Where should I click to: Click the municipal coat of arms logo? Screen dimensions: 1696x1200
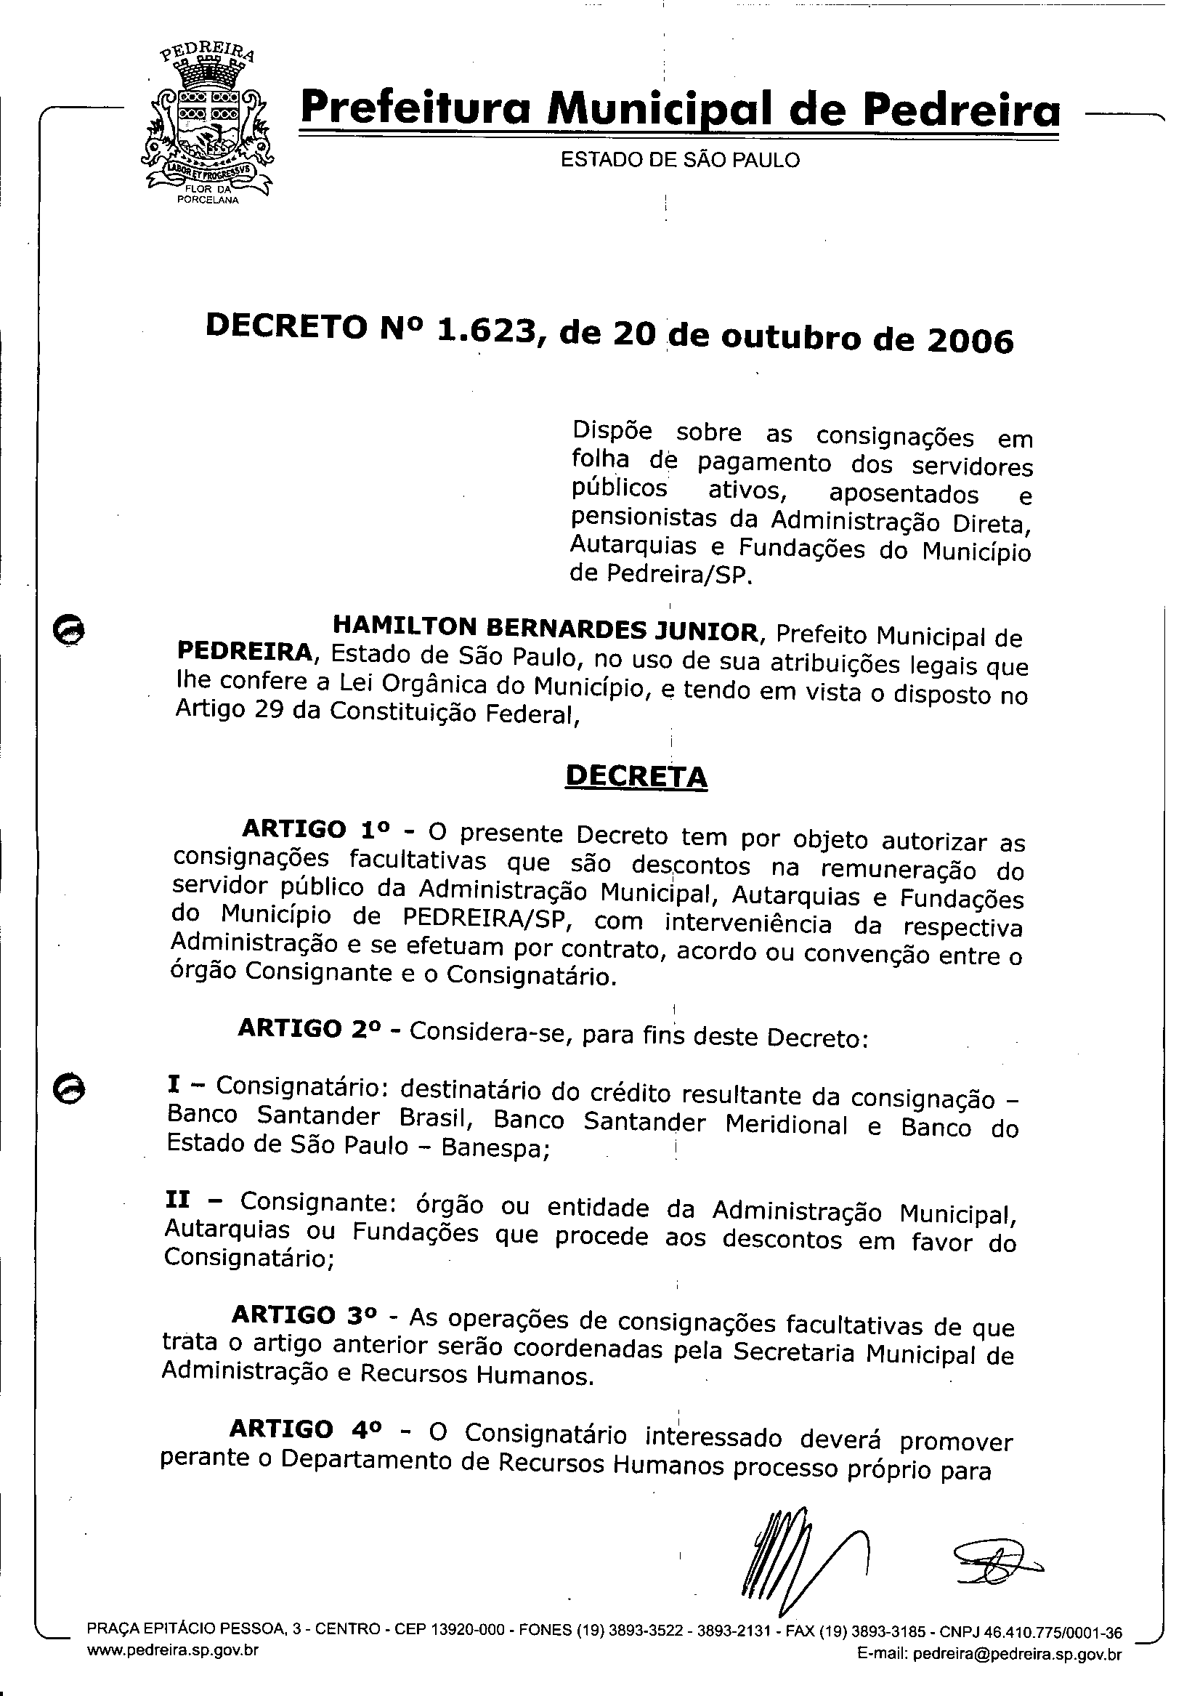pyautogui.click(x=206, y=126)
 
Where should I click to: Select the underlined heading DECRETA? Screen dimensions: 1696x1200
pyautogui.click(x=636, y=776)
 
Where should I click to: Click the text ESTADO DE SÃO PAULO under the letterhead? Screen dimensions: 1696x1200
pyautogui.click(x=680, y=161)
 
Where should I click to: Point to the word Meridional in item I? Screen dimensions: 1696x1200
pyautogui.click(x=786, y=1125)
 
